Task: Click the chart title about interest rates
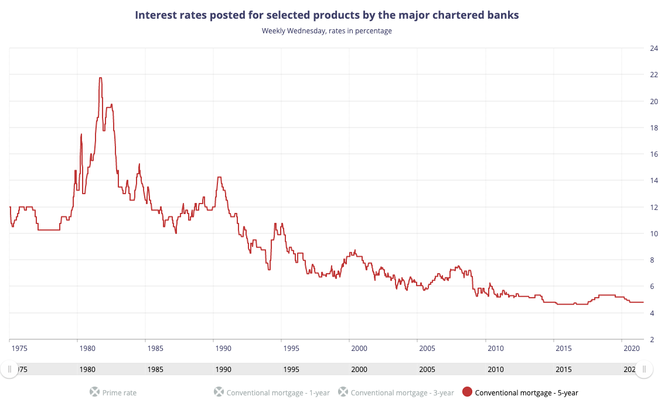326,15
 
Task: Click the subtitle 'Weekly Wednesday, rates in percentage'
326,31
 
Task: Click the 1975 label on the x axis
19,349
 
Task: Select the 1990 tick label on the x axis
223,349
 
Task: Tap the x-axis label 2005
427,349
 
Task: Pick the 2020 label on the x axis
631,349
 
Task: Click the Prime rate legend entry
120,392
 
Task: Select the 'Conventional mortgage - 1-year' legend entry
278,392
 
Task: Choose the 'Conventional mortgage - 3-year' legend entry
402,392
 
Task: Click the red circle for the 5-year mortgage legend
467,392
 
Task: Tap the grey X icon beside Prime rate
94,392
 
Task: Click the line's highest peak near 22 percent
101,78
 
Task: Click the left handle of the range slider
9,369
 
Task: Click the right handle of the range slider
644,369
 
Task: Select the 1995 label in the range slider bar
291,370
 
